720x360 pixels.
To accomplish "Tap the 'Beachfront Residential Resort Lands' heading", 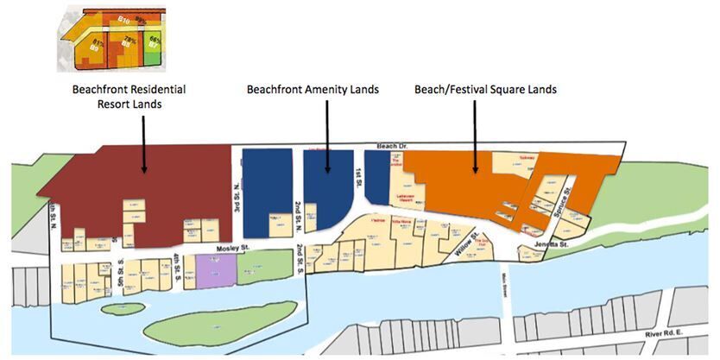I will tap(129, 95).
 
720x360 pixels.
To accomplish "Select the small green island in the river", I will tap(123, 307).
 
